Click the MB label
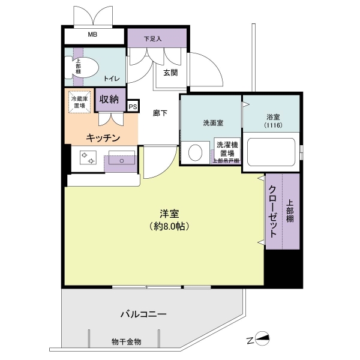[92, 34]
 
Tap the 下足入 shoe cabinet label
[152, 39]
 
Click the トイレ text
[112, 79]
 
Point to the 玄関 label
[170, 73]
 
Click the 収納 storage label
[109, 99]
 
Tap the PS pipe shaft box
[133, 107]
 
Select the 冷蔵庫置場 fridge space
[79, 102]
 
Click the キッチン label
[103, 138]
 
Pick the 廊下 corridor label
[160, 113]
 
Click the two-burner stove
[88, 157]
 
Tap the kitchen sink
[122, 157]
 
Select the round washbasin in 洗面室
[195, 152]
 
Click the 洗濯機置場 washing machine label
[227, 149]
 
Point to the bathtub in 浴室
[271, 152]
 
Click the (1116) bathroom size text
[273, 125]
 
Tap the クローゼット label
[272, 211]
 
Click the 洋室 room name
[169, 214]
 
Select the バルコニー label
[143, 314]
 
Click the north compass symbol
[262, 338]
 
